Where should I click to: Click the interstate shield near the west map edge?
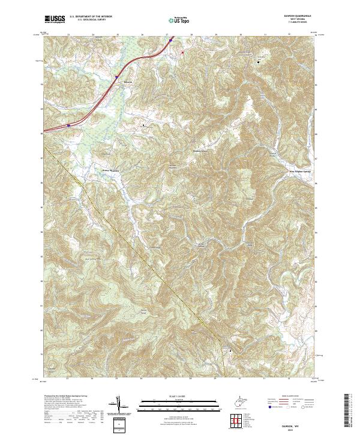tap(69, 125)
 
